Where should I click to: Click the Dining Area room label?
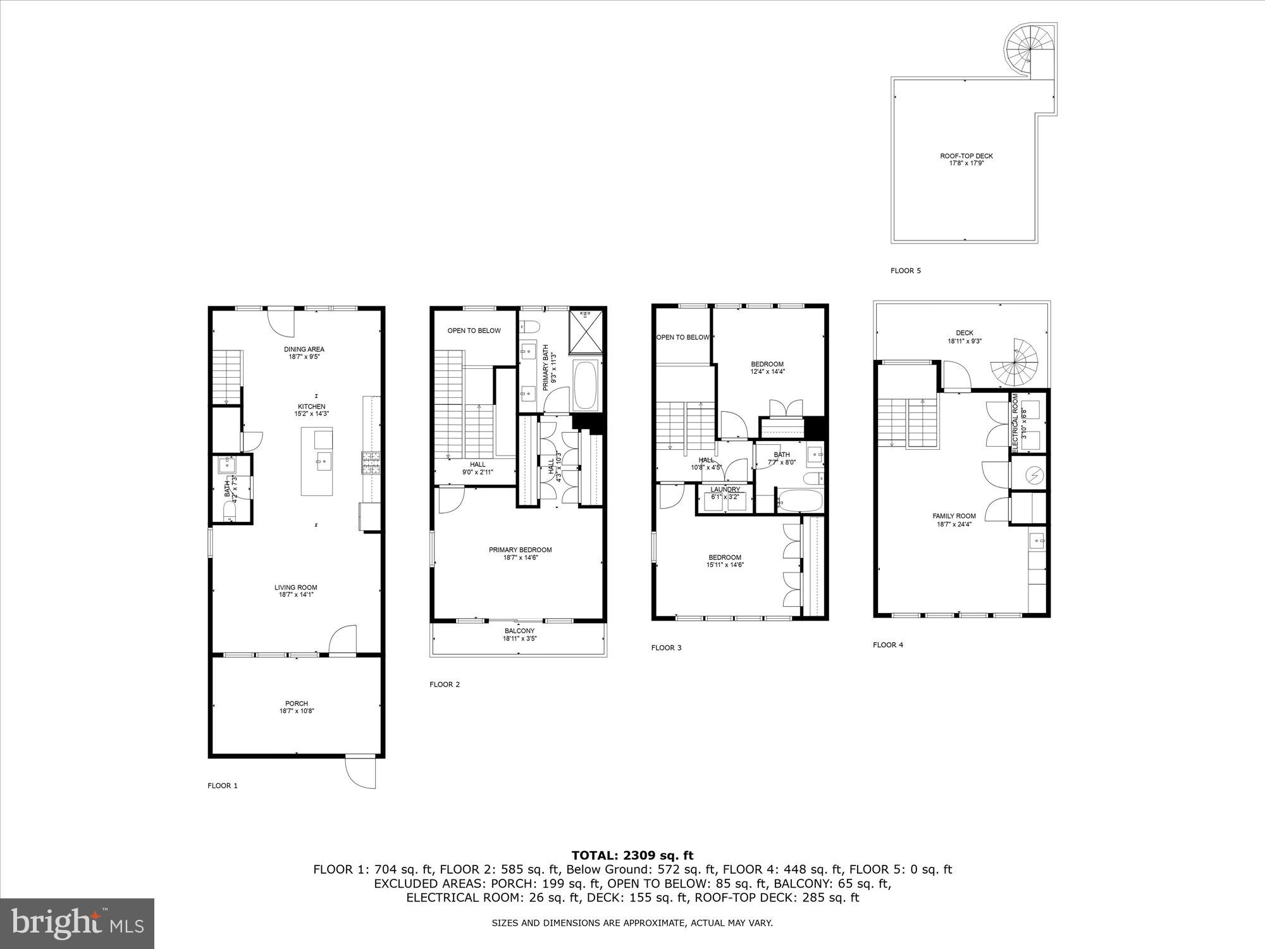[304, 349]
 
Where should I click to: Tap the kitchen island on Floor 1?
[316, 461]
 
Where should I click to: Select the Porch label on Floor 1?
[296, 704]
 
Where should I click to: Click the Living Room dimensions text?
[296, 595]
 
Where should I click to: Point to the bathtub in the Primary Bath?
[586, 385]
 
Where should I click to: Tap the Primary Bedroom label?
[520, 550]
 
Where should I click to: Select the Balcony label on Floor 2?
[519, 631]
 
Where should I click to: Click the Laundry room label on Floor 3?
[725, 490]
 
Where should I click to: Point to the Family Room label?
[954, 516]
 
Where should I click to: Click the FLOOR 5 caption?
[905, 271]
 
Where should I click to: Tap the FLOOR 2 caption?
[444, 685]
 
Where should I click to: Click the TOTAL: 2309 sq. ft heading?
[632, 855]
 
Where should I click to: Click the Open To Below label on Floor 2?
[474, 330]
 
